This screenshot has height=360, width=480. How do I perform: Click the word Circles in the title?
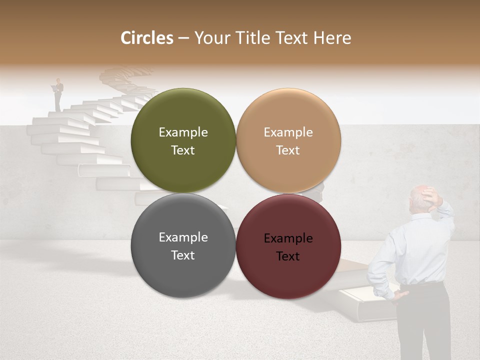(x=147, y=38)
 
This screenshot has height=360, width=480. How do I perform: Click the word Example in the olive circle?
(x=183, y=132)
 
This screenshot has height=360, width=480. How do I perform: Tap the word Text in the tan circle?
(x=288, y=150)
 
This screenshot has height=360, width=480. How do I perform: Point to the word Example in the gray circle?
(x=183, y=237)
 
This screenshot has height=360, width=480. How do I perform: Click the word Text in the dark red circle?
(x=288, y=256)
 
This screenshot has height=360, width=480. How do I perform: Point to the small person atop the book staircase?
(x=58, y=94)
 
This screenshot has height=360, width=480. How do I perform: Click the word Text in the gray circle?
(x=183, y=255)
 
